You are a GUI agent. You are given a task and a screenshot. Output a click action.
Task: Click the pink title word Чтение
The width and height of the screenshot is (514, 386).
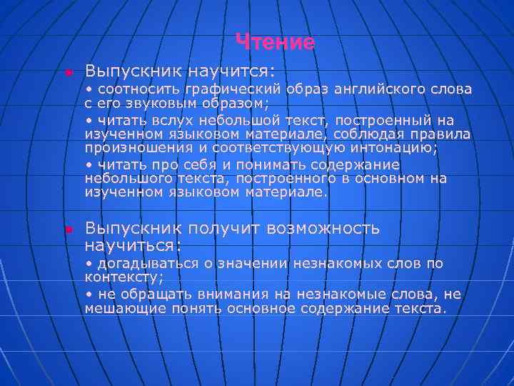(x=276, y=42)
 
